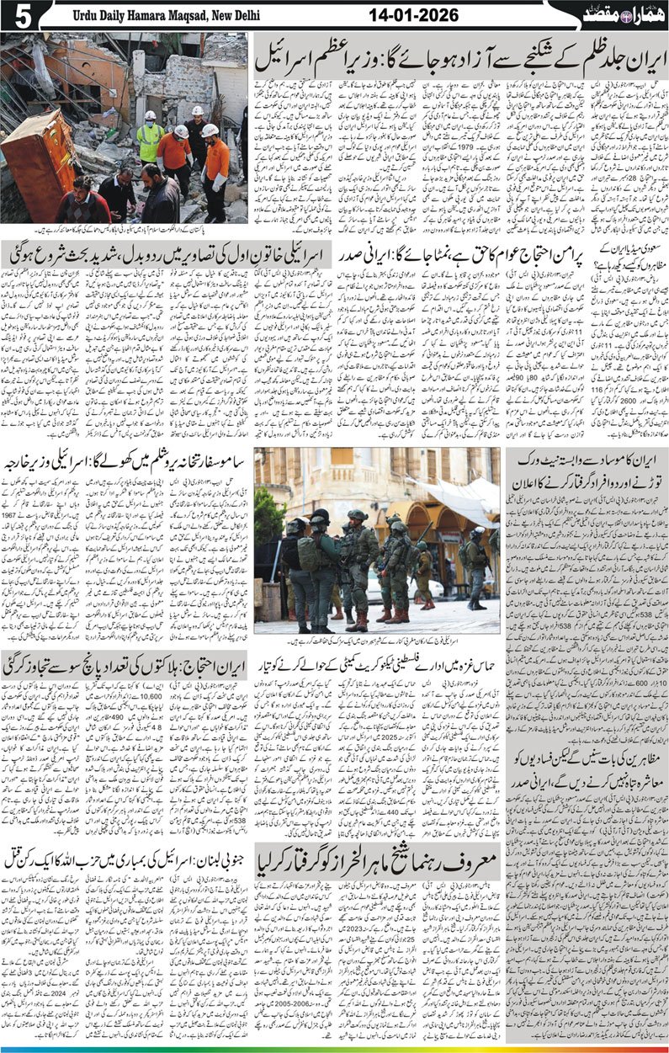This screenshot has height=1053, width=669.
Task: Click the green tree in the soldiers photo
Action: [x=269, y=513]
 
